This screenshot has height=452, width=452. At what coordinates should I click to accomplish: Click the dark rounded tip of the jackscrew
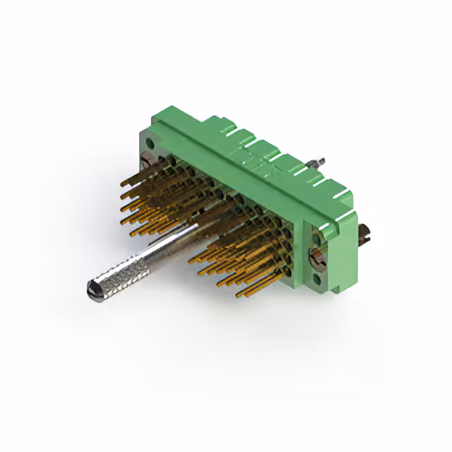(93, 288)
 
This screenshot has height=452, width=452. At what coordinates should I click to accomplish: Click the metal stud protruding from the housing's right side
(365, 233)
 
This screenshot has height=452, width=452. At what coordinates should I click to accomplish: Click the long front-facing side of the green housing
(233, 177)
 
